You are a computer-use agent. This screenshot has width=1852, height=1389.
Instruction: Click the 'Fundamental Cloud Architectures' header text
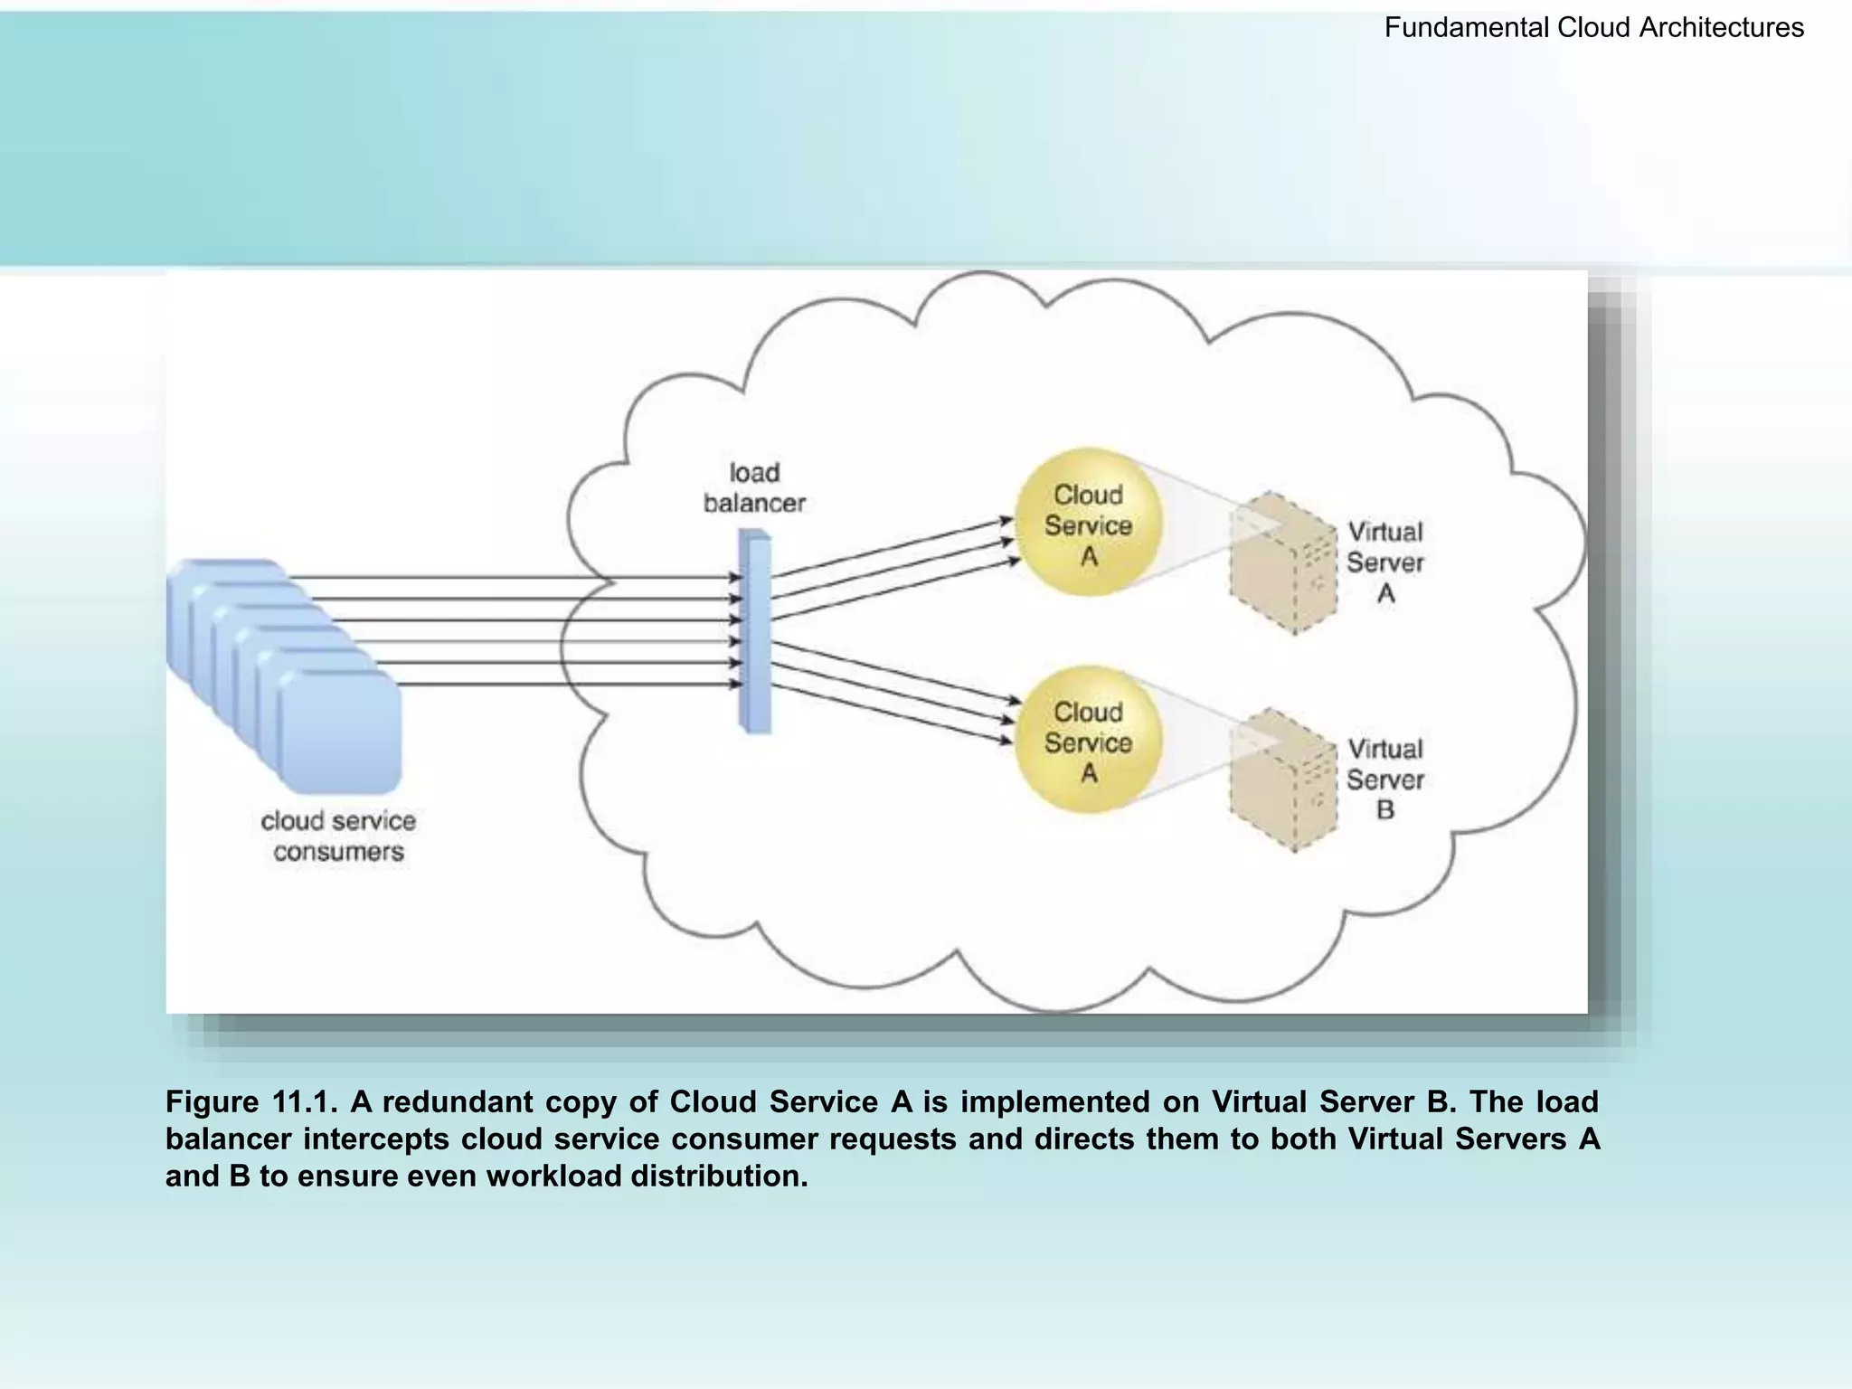pos(1593,28)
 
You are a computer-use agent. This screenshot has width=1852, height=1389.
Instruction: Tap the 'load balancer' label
pos(754,488)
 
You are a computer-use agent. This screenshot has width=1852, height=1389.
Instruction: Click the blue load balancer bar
pos(754,631)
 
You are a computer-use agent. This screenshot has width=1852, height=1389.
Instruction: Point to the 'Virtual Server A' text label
pos(1384,562)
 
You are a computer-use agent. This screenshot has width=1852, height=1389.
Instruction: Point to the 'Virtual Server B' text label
pos(1384,780)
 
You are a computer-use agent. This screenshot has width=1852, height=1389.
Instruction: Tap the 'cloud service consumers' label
pos(338,836)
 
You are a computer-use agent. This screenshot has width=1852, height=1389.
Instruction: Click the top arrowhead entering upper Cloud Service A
pos(1006,521)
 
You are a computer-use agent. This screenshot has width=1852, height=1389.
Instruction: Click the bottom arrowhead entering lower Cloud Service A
pos(1005,741)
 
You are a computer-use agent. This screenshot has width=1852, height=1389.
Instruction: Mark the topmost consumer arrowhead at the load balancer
pos(736,577)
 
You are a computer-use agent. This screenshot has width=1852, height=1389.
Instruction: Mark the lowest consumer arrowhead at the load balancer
pos(736,685)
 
